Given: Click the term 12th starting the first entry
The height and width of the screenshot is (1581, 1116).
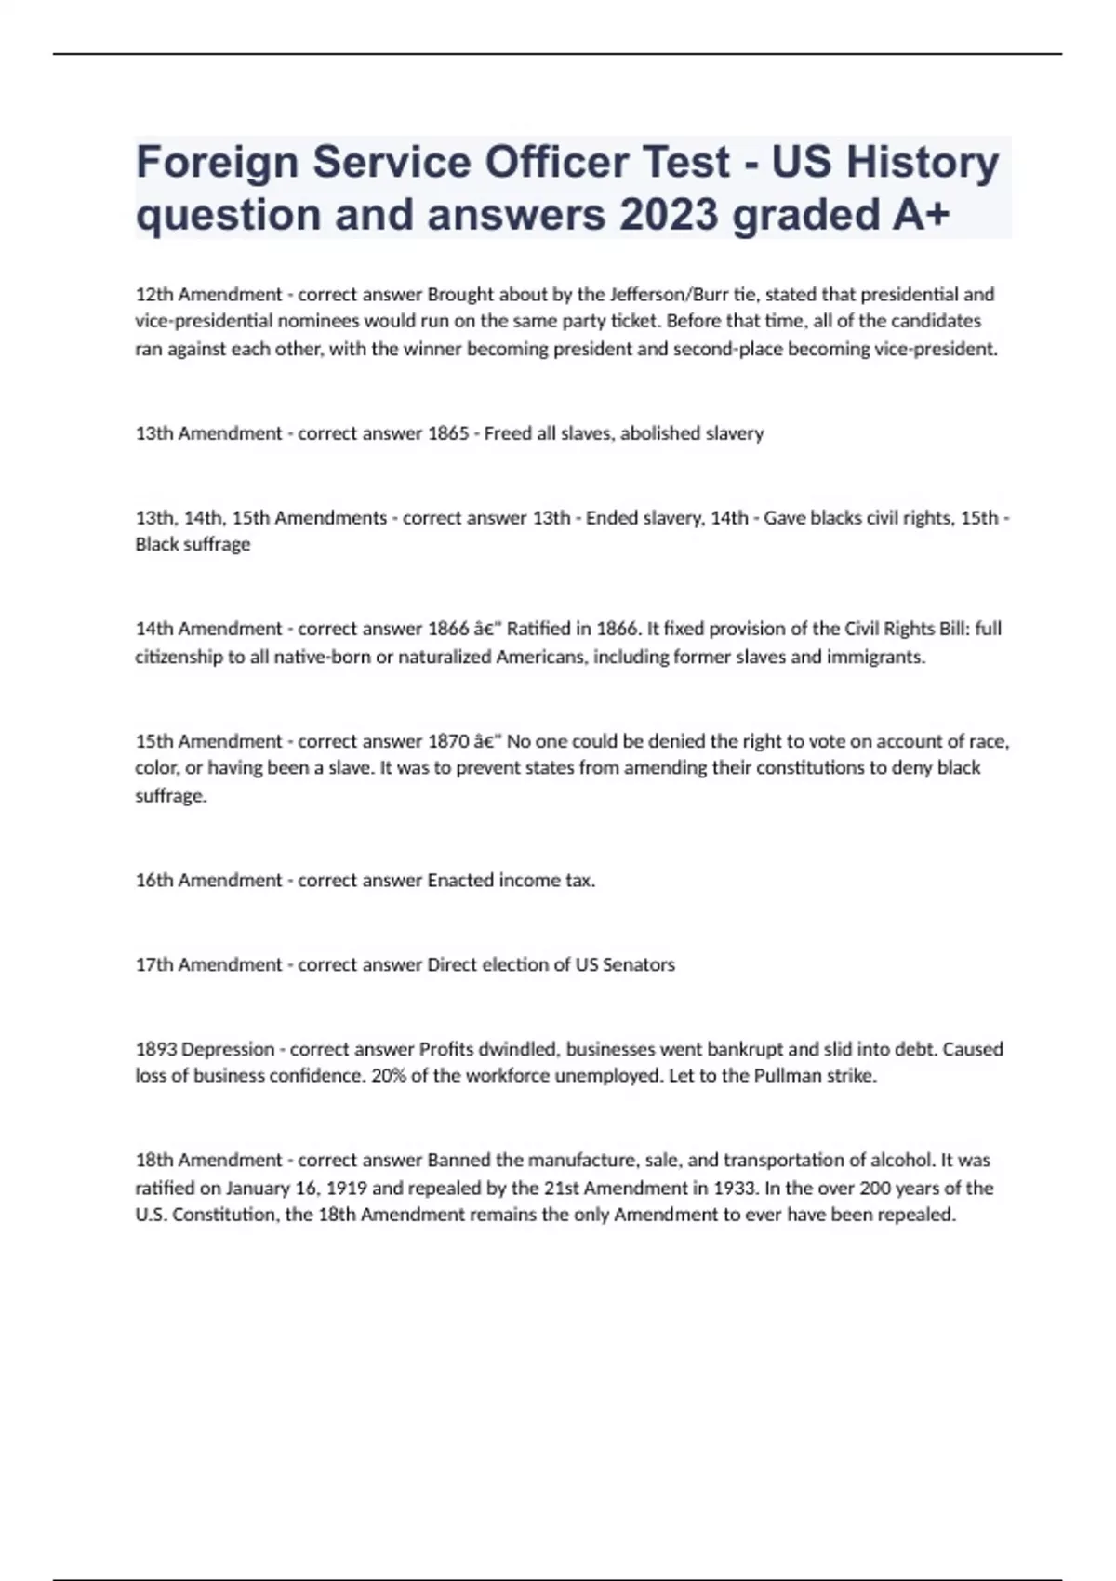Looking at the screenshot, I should pos(154,295).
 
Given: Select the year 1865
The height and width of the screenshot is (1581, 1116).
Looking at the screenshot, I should pos(448,433).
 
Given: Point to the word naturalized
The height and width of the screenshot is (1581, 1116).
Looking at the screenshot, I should pos(445,657).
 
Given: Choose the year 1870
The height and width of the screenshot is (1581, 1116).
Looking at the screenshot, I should pos(448,741).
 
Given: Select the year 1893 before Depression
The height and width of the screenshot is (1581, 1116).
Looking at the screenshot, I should pos(156,1049).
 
